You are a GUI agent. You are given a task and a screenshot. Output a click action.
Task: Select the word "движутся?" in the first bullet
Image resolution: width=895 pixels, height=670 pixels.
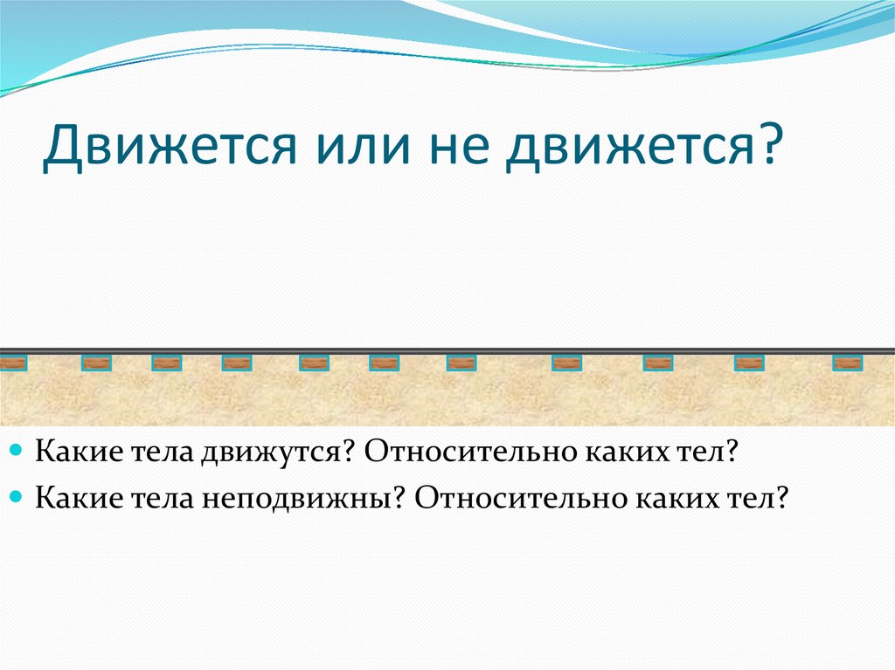[x=274, y=453]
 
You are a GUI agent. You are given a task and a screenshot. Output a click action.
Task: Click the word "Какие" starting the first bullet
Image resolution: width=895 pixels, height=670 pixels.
[x=73, y=453]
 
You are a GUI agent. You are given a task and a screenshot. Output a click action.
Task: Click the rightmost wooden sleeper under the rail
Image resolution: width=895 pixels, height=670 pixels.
[x=847, y=363]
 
